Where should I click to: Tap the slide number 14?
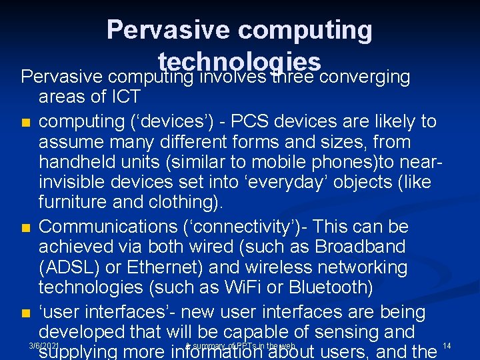tap(447, 345)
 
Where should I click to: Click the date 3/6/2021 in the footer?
tap(45, 346)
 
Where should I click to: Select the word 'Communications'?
tap(108, 226)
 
